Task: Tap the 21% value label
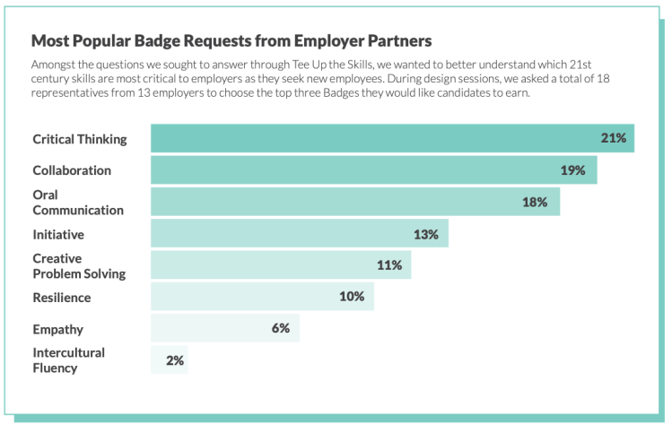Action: click(614, 139)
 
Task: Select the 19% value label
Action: click(572, 170)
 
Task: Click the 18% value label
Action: click(535, 202)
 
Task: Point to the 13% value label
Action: click(425, 234)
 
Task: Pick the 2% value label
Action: click(175, 359)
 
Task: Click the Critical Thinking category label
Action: click(80, 139)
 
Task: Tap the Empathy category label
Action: click(58, 328)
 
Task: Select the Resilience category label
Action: click(62, 297)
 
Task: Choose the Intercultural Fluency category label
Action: click(68, 359)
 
